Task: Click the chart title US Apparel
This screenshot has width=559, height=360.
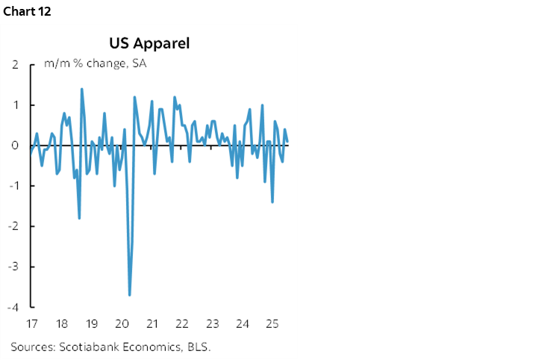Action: pyautogui.click(x=149, y=43)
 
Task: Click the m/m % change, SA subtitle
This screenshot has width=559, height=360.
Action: pyautogui.click(x=95, y=63)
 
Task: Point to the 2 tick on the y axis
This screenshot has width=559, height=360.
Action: pyautogui.click(x=15, y=65)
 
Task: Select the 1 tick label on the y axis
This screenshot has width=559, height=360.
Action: pyautogui.click(x=15, y=105)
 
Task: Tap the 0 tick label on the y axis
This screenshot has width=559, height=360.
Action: pyautogui.click(x=15, y=146)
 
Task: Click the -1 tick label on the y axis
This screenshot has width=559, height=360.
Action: pyautogui.click(x=13, y=186)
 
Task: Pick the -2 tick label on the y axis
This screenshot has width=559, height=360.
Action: pyautogui.click(x=13, y=226)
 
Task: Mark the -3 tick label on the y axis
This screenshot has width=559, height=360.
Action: pyautogui.click(x=13, y=267)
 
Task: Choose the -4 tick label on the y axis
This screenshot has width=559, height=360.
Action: pyautogui.click(x=13, y=307)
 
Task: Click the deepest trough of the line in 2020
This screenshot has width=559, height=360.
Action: pyautogui.click(x=130, y=294)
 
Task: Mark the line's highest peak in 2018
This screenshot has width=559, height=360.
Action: pyautogui.click(x=81, y=90)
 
